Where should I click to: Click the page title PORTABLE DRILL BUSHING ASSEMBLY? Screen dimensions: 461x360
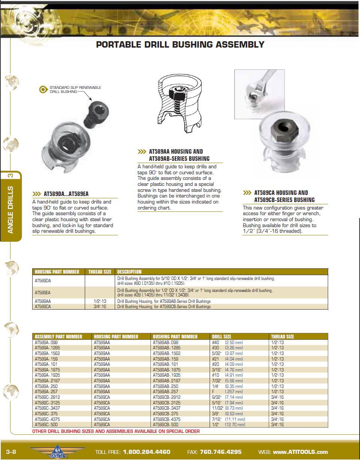coord(180,45)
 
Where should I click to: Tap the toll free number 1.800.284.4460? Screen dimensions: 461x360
coord(146,452)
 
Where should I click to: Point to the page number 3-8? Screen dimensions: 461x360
coord(11,452)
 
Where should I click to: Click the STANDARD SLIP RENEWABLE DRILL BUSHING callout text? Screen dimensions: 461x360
coord(75,89)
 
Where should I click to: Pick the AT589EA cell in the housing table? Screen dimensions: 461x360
coord(43,292)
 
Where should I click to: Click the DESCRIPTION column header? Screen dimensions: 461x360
coord(129,272)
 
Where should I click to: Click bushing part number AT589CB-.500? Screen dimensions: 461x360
coord(165,425)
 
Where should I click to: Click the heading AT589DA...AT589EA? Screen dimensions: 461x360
coord(66,194)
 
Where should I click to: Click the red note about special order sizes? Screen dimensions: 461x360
coord(116,431)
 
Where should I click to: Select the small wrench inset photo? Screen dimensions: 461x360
coord(259,94)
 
